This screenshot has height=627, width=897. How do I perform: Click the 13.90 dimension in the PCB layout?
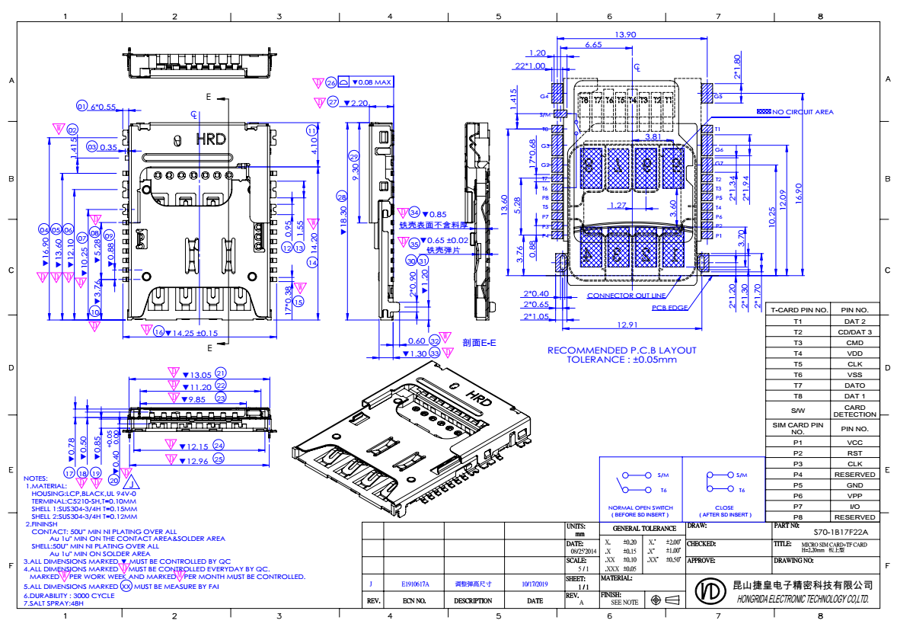pos(625,34)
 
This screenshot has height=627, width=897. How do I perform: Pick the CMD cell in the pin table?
pos(854,343)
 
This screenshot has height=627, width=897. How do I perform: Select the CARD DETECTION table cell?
pos(854,411)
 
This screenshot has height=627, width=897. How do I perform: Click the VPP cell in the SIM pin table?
pos(854,495)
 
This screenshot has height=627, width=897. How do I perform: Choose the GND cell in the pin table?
pos(854,485)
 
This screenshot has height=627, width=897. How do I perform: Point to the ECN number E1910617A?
pos(415,584)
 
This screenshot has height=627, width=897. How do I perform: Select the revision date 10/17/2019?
pos(535,584)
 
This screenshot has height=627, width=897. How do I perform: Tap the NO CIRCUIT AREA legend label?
pos(803,112)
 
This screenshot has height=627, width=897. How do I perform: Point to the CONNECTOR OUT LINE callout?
pos(626,296)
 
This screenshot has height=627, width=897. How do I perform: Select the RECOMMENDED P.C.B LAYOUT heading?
pos(622,350)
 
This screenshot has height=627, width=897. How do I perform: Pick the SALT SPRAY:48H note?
pos(57,603)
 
